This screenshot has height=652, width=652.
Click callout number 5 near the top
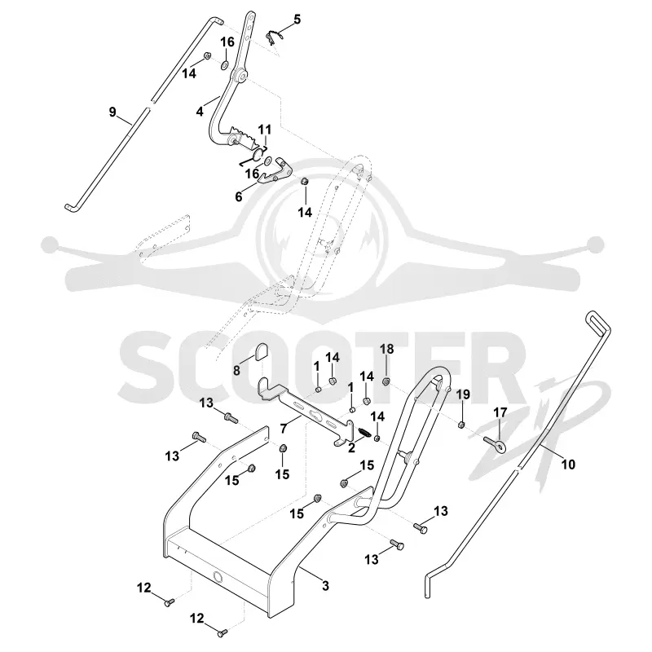click(297, 20)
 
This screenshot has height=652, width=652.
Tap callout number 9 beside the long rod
click(112, 112)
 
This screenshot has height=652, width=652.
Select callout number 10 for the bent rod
click(568, 464)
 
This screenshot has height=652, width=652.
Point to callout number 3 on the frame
click(325, 586)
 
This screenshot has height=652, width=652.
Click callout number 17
click(500, 412)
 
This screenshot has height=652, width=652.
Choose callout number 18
click(386, 350)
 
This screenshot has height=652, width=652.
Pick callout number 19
click(463, 394)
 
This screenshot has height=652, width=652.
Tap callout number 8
click(236, 370)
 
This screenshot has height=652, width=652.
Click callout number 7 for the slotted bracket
click(284, 429)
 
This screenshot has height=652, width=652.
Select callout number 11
click(264, 130)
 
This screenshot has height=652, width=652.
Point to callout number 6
click(239, 196)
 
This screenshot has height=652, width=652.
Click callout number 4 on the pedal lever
click(200, 112)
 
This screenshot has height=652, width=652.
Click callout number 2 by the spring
click(352, 448)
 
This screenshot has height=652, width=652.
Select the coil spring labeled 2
click(364, 433)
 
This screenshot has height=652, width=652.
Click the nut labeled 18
click(386, 381)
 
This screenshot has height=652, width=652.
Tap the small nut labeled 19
click(461, 425)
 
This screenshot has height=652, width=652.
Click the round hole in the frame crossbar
click(218, 576)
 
